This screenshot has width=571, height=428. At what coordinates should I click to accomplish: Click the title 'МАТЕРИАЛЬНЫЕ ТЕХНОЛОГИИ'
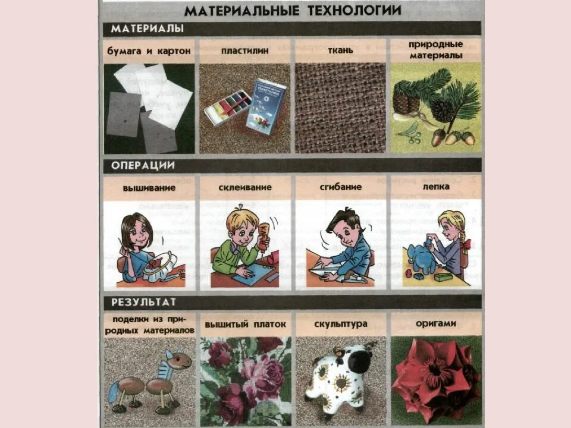tap(292, 10)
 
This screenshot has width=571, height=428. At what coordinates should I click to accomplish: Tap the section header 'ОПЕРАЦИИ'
tap(143, 165)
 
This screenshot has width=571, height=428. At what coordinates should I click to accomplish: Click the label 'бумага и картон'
tap(149, 51)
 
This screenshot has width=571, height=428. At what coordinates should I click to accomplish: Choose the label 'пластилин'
tap(244, 51)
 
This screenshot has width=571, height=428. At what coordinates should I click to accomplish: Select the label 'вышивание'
tap(149, 187)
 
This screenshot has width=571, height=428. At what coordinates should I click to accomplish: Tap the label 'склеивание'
tap(244, 187)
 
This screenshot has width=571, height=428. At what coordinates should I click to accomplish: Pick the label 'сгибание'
tap(341, 187)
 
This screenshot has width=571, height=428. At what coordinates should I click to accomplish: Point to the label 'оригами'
tap(437, 324)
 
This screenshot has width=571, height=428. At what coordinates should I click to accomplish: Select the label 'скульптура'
tap(340, 325)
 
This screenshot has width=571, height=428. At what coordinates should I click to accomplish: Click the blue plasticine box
tap(266, 106)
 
